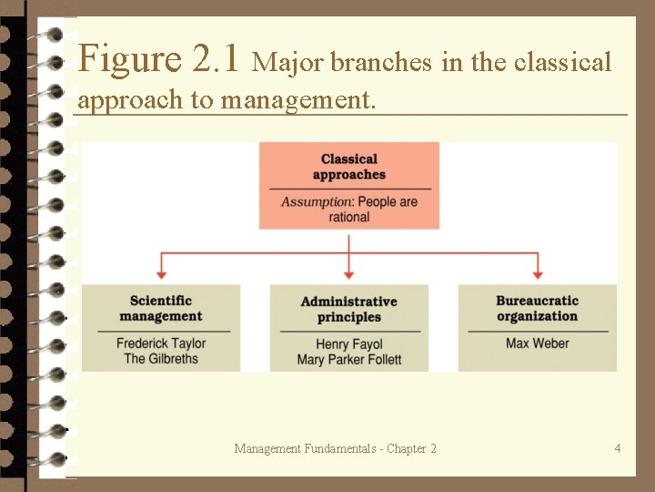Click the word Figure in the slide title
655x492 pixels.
pyautogui.click(x=130, y=59)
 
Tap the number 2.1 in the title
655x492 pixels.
pyautogui.click(x=217, y=59)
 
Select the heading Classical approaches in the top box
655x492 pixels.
pyautogui.click(x=348, y=167)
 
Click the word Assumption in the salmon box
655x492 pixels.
pyautogui.click(x=316, y=201)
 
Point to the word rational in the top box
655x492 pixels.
pyautogui.click(x=348, y=217)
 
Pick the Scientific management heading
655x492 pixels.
pyautogui.click(x=161, y=308)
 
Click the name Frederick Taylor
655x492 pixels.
pyautogui.click(x=161, y=343)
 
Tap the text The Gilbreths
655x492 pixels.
pyautogui.click(x=161, y=358)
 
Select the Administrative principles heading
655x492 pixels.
pyautogui.click(x=348, y=309)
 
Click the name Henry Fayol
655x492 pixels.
pyautogui.click(x=348, y=344)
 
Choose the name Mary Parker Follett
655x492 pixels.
pyautogui.click(x=348, y=359)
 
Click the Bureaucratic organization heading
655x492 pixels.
pyautogui.click(x=537, y=308)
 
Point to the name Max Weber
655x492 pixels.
pyautogui.click(x=537, y=343)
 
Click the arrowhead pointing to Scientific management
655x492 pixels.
pyautogui.click(x=161, y=273)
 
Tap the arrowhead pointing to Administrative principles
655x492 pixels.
pyautogui.click(x=348, y=273)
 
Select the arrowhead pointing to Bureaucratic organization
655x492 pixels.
pyautogui.click(x=537, y=273)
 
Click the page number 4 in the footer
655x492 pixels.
pyautogui.click(x=618, y=447)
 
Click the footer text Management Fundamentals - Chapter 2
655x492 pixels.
pyautogui.click(x=335, y=448)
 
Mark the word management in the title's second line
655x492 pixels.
pyautogui.click(x=297, y=99)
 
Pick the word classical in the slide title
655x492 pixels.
pyautogui.click(x=562, y=63)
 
